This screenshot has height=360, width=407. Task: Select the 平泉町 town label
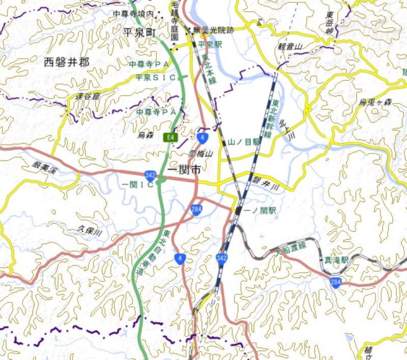click(139, 32)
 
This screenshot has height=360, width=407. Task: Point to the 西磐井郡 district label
click(67, 63)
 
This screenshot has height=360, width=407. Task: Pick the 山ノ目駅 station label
click(244, 142)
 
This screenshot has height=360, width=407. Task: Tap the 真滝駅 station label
click(336, 259)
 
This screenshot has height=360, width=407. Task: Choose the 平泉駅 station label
click(210, 45)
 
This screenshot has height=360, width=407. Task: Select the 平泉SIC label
click(155, 77)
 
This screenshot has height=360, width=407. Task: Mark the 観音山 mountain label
click(290, 47)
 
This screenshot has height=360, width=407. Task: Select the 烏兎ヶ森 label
click(376, 102)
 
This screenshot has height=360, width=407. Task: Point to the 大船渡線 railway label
click(292, 248)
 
